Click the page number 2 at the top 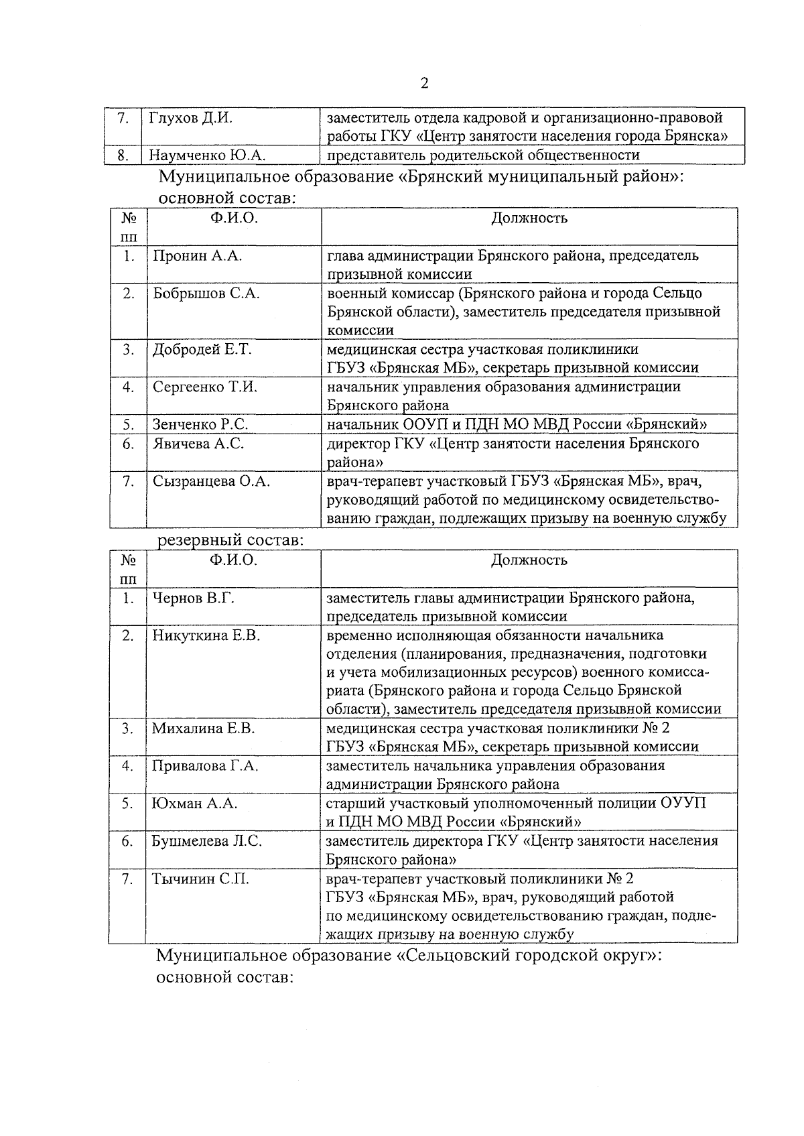(x=423, y=83)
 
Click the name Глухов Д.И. (x=190, y=118)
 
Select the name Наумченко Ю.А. (x=207, y=155)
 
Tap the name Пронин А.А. (x=197, y=255)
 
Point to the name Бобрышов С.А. (x=206, y=293)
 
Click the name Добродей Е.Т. (x=202, y=349)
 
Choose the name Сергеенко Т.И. (x=204, y=387)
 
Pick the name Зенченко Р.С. (x=200, y=424)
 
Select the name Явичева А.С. (x=198, y=443)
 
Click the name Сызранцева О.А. (x=211, y=481)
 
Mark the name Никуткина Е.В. (x=206, y=635)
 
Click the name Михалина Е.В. (x=203, y=729)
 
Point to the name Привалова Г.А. (x=205, y=766)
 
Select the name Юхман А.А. (x=194, y=804)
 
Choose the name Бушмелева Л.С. (x=206, y=841)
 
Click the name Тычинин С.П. (x=200, y=879)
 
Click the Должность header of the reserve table (x=529, y=560)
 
